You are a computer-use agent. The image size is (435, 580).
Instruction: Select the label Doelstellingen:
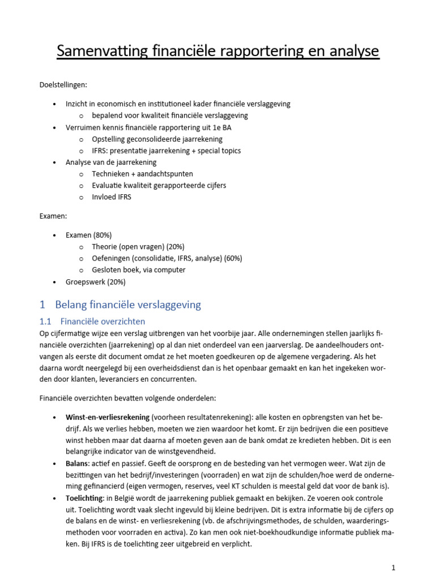pos(63,85)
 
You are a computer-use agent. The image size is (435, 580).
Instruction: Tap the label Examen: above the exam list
pos(53,216)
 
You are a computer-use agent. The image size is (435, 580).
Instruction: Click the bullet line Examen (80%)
pos(88,234)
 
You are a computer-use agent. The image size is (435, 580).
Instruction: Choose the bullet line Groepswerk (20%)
pos(95,282)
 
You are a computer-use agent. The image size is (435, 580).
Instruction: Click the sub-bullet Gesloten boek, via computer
pos(138,270)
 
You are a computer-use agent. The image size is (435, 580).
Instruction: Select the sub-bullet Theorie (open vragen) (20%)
pos(138,246)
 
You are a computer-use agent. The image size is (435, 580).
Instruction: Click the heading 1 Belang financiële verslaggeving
pos(120,305)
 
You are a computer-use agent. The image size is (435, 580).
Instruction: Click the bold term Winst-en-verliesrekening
pos(107,417)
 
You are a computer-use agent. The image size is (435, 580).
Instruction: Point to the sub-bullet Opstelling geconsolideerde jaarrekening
pos(157,139)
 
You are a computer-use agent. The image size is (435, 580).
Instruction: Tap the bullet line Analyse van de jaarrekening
pos(111,162)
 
